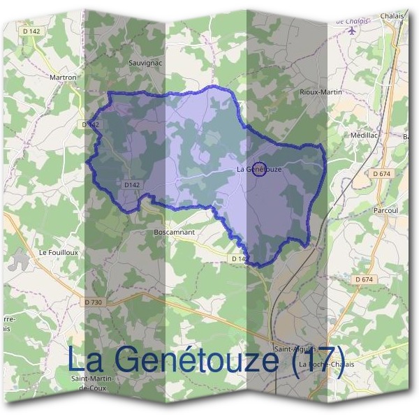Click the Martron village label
click(62, 78)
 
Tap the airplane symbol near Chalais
click(351, 31)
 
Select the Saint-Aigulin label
click(295, 348)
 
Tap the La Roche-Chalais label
click(326, 365)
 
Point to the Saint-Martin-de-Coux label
click(91, 383)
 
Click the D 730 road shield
click(93, 302)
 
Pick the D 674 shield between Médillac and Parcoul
click(381, 173)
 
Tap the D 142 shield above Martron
click(30, 31)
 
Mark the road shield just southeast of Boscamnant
click(239, 259)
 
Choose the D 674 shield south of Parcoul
click(363, 279)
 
